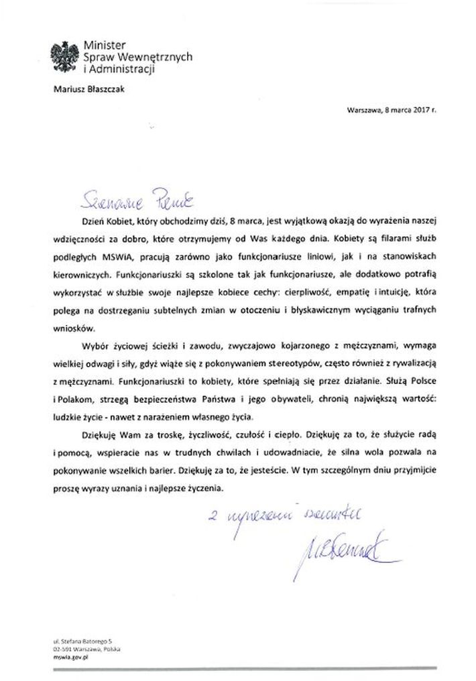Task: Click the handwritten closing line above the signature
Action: pos(286,517)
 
